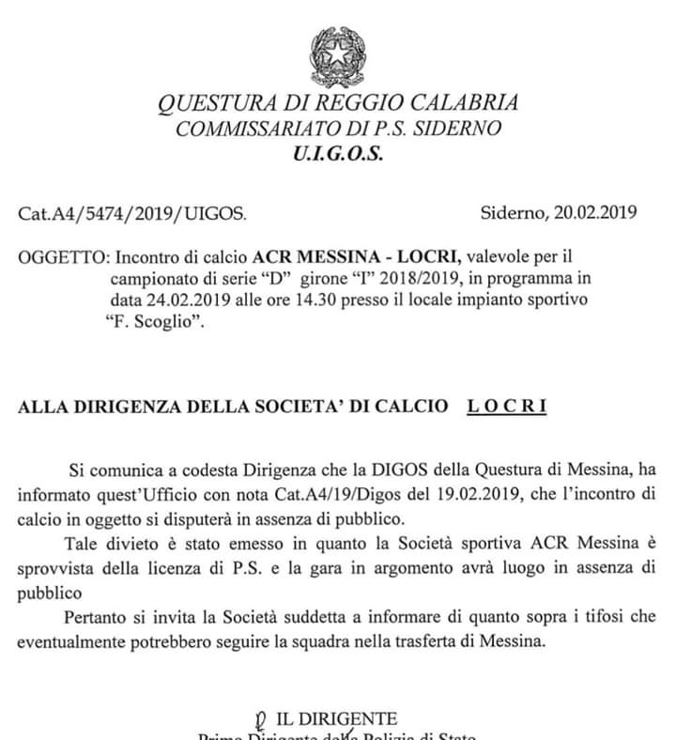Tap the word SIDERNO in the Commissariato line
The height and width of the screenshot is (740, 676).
coord(460,130)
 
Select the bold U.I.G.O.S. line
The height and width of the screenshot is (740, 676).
coord(338,154)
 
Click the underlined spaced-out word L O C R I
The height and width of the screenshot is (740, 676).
coord(507,406)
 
